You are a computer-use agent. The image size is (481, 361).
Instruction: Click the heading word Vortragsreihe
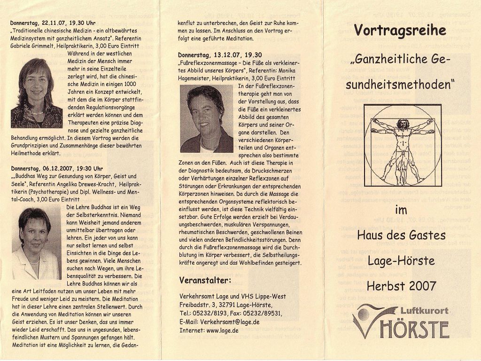coord(400,31)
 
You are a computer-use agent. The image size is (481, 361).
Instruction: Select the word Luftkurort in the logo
coord(424,310)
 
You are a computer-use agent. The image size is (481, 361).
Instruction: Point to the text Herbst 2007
coord(402,285)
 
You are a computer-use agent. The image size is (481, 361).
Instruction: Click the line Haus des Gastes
coord(401,235)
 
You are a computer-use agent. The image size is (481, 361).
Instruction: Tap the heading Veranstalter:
coord(205,281)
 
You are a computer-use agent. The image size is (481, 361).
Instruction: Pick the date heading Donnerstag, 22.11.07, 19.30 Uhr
coord(53,23)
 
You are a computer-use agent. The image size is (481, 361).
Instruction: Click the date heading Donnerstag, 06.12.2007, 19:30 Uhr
coord(57,168)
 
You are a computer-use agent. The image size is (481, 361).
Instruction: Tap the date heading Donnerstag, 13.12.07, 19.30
coord(220,55)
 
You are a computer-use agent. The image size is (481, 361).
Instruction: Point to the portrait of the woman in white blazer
coord(36,243)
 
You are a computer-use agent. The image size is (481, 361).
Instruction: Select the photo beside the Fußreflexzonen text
coord(207,118)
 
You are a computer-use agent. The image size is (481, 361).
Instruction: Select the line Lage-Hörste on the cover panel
coord(401,260)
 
